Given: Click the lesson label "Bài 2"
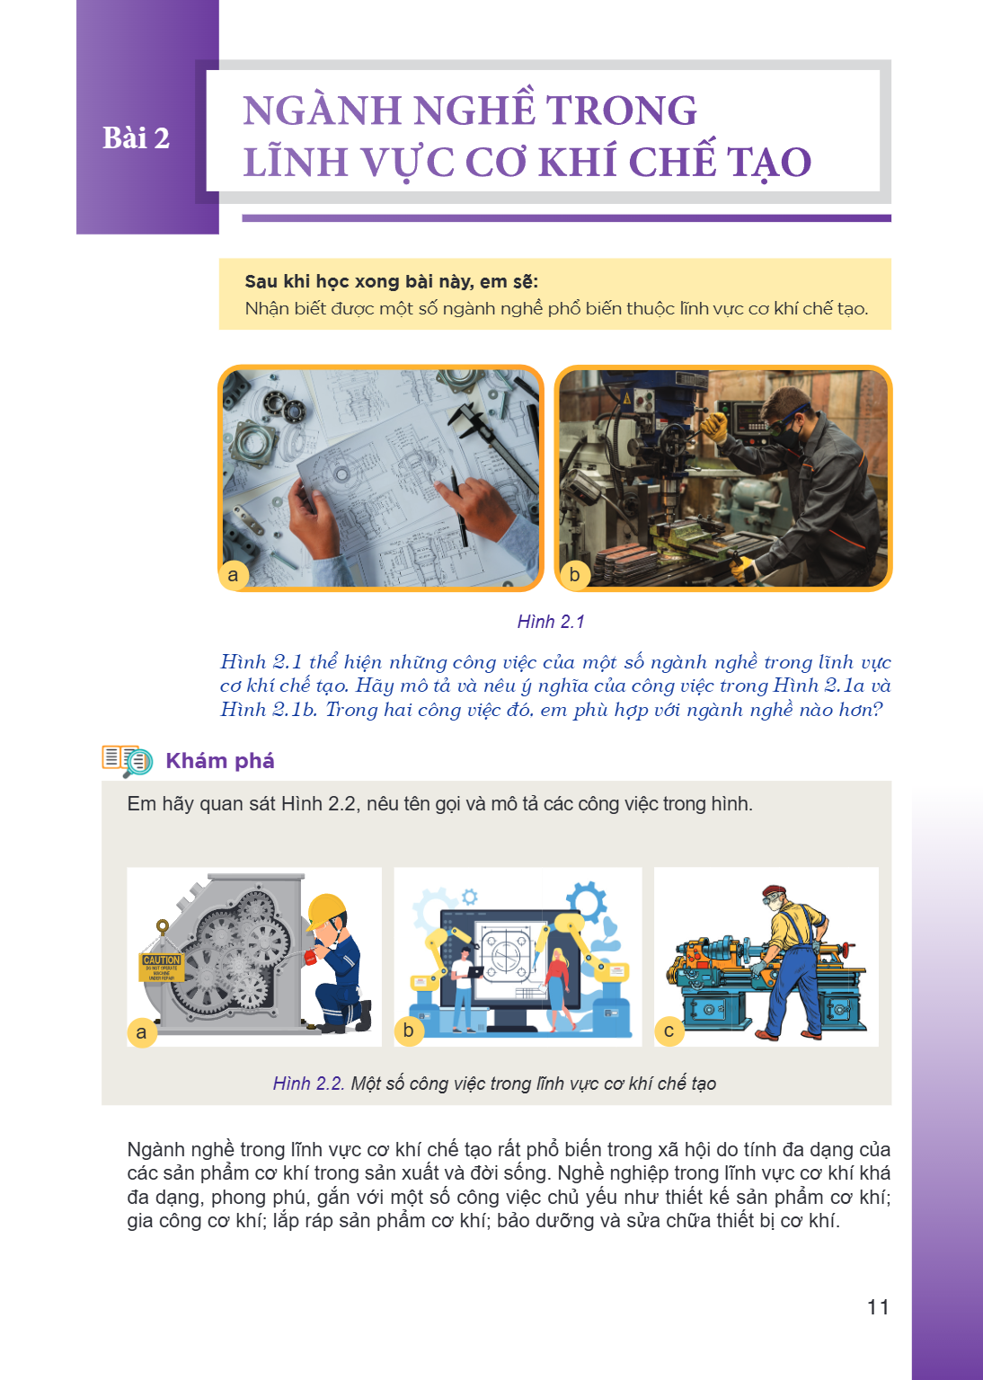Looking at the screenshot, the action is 136,137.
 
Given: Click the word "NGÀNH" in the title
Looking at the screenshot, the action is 323,111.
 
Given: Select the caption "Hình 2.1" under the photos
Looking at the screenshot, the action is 551,622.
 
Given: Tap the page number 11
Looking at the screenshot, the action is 878,1306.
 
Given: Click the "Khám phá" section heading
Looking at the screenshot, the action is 220,761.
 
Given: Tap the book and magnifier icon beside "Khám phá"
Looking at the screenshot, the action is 127,761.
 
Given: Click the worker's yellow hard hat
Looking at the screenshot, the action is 326,910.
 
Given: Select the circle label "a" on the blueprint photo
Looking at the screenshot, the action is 234,575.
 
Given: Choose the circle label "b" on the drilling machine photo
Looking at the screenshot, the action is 574,575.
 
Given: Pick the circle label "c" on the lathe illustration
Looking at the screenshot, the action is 669,1031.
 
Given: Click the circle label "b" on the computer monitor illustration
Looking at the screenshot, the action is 409,1031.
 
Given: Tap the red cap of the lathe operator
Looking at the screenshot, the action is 774,891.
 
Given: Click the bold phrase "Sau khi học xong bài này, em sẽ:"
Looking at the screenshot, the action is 392,281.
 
